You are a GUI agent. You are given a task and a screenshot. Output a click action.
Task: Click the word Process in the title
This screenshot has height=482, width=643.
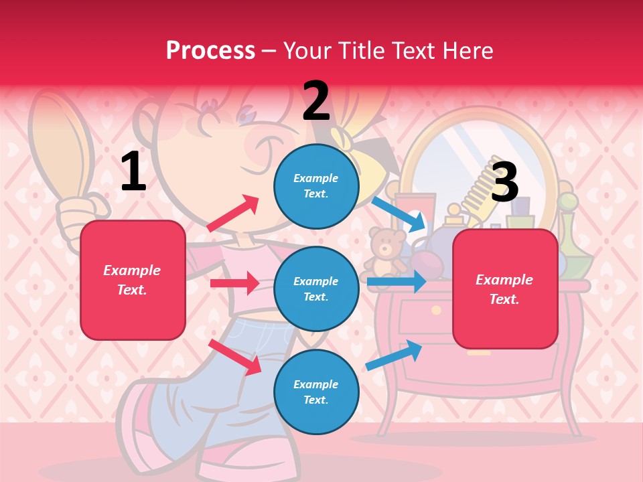(210, 50)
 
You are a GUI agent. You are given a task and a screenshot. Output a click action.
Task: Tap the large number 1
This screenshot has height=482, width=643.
(133, 172)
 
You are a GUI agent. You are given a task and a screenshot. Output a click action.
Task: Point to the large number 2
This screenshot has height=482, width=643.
(316, 102)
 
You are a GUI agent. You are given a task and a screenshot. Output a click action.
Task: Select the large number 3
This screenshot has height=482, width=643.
(504, 181)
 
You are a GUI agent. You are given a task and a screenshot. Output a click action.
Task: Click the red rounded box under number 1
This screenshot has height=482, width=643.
(133, 280)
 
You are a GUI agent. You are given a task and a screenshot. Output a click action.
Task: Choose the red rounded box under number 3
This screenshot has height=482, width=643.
(505, 289)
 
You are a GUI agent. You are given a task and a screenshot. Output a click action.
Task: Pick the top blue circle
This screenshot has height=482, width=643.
(316, 186)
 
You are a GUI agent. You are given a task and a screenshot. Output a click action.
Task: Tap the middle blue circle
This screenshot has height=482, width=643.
(316, 289)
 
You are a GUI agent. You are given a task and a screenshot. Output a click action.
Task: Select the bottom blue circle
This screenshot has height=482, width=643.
(316, 392)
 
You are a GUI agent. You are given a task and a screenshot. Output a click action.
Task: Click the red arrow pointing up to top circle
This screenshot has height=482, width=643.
(233, 213)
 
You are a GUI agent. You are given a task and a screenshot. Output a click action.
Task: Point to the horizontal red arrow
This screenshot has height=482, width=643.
(234, 283)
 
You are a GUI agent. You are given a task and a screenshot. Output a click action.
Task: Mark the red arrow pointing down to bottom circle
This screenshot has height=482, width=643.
(235, 356)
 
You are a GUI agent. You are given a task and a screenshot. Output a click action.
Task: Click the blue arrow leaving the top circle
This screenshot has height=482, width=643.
(398, 213)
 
